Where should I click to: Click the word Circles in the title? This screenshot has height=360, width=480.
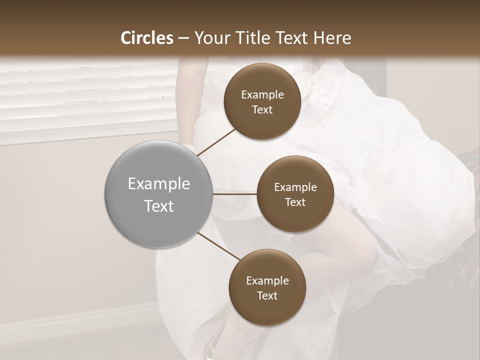(147, 38)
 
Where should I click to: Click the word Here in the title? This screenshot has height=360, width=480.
(332, 38)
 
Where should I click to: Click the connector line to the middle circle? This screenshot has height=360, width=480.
(234, 194)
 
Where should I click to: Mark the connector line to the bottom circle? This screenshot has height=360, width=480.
(219, 246)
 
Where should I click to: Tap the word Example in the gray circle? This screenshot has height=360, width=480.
(159, 184)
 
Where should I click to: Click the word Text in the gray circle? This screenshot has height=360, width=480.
(159, 206)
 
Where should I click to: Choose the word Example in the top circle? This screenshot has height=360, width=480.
(262, 95)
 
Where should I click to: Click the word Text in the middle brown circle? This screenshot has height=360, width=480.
(295, 202)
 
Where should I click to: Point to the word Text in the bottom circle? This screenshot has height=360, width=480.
(267, 295)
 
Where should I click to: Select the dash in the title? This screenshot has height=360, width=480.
(183, 38)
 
